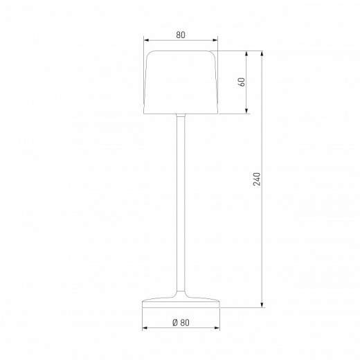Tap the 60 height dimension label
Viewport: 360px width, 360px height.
(x=242, y=82)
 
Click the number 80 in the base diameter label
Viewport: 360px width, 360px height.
(x=185, y=323)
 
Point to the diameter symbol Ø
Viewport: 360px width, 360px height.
(x=176, y=323)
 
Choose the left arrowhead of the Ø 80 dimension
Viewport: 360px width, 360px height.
(x=145, y=329)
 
